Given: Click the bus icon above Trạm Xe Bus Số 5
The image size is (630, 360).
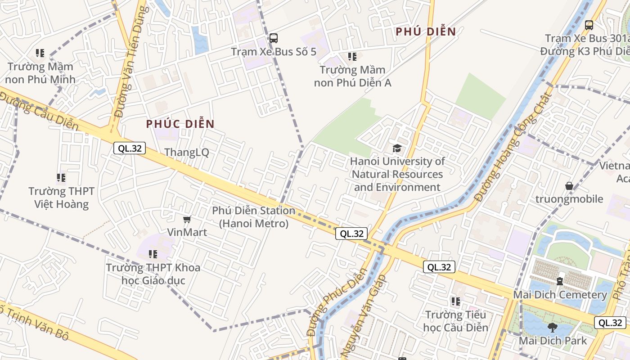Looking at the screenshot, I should [273, 38].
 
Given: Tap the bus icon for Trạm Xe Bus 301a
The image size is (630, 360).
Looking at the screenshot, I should [589, 25].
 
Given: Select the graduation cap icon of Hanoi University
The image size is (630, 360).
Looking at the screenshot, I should [397, 148].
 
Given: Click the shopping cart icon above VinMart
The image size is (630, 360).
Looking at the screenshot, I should [187, 219].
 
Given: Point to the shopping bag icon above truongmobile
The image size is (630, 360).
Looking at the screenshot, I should [569, 186].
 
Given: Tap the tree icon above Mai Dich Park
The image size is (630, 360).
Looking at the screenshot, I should [553, 328].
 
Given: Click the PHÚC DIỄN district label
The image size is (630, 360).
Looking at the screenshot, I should [180, 124].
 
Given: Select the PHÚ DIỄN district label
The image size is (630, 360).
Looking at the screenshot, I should [426, 31].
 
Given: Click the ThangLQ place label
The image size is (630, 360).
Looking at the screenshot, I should [187, 152].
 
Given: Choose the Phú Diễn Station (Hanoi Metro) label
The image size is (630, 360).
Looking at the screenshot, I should [254, 216].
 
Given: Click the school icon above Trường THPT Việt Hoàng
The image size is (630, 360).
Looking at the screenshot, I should [61, 178].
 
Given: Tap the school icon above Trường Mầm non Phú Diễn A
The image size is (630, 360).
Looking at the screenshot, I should [352, 57].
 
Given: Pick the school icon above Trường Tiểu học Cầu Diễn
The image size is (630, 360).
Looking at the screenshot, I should [455, 301].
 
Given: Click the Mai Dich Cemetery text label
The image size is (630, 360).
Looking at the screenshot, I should [560, 295].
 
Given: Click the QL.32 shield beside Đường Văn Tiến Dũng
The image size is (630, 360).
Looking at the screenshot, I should [130, 148].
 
